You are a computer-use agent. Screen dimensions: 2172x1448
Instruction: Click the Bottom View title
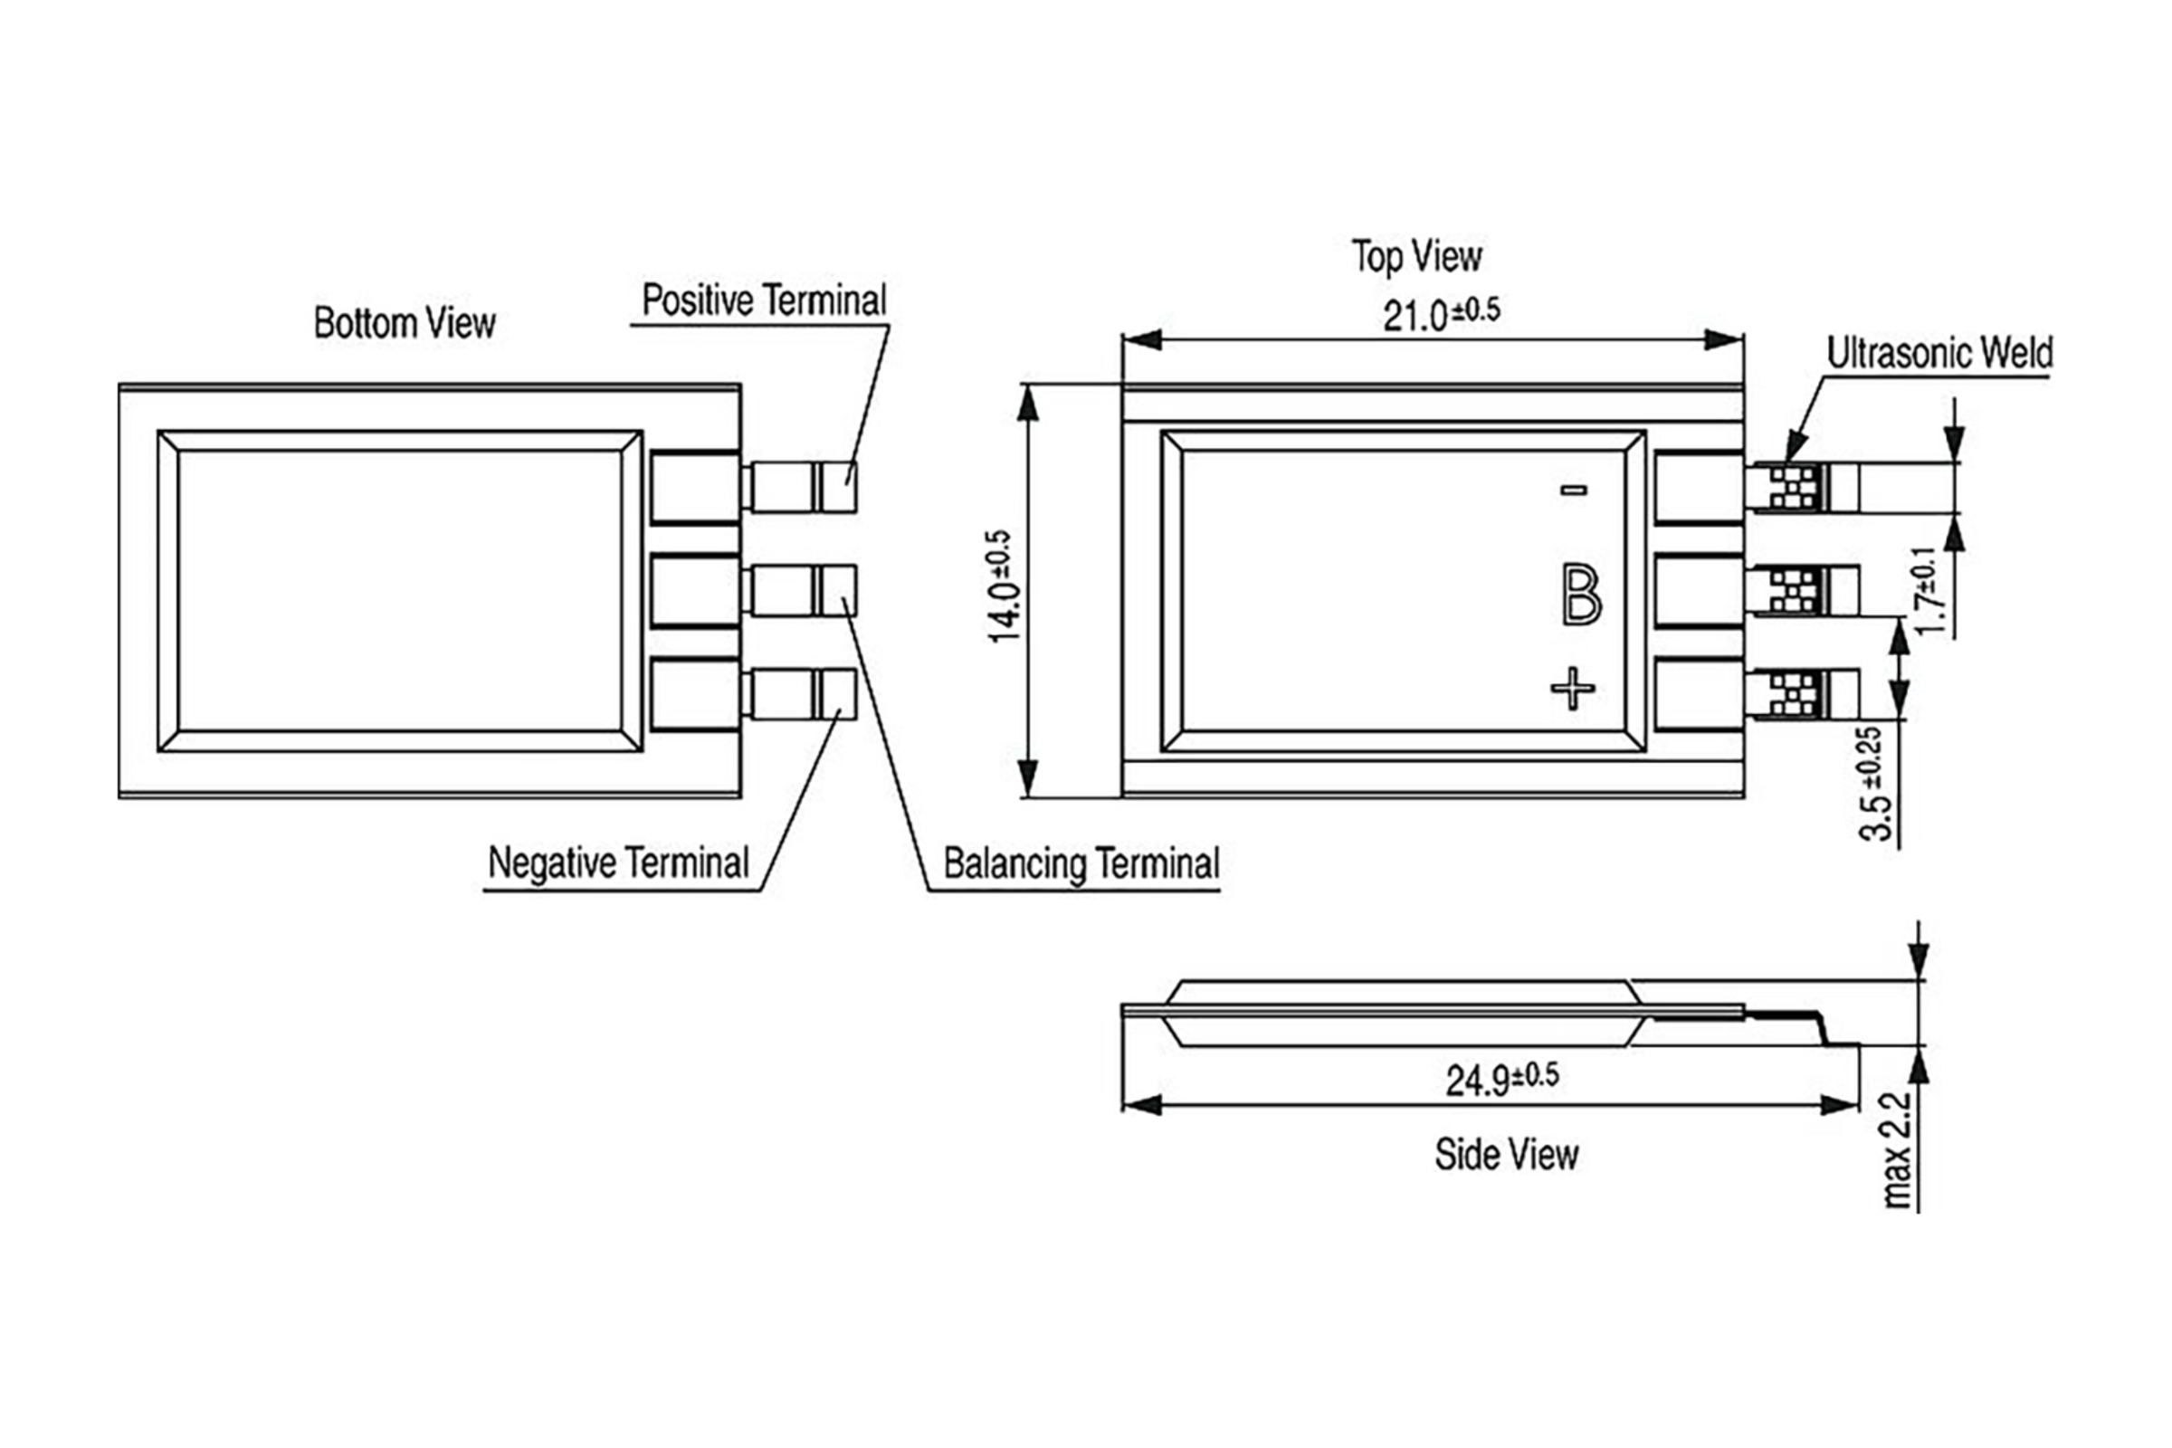point(405,323)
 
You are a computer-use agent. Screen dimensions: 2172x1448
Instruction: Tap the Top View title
point(1416,257)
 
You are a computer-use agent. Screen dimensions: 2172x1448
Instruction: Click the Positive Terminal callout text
point(764,300)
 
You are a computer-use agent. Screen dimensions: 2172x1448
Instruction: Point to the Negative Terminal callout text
point(618,862)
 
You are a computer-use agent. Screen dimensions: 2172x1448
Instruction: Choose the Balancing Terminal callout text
point(1081,864)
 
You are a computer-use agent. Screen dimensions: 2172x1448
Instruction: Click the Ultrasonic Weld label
point(1939,353)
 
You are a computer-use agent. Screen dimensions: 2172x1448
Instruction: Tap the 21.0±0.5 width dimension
point(1441,315)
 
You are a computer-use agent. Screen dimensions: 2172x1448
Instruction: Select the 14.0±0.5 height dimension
point(1004,586)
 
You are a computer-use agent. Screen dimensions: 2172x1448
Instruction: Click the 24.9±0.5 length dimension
point(1502,1079)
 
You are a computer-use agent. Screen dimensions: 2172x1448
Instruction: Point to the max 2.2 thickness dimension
point(1896,1149)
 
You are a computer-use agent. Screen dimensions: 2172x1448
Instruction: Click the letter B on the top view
point(1580,595)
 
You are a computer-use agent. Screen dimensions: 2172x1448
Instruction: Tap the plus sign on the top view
point(1572,687)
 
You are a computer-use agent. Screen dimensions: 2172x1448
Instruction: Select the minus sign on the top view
point(1574,490)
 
